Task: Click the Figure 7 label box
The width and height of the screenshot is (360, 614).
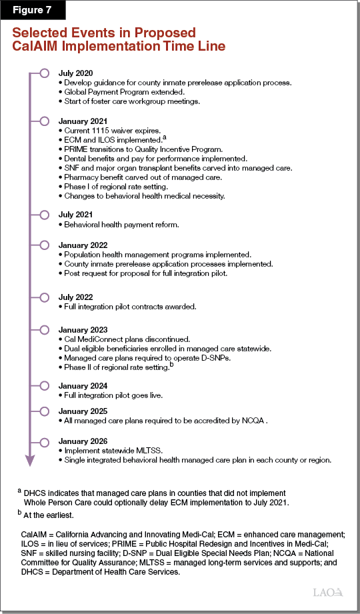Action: tap(33, 11)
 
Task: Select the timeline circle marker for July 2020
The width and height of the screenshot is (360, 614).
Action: tap(44, 73)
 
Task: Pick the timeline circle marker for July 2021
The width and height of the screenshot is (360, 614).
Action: tap(44, 215)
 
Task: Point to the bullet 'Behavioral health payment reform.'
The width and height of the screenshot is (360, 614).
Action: tap(119, 225)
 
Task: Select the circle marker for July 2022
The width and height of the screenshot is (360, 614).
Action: tap(44, 297)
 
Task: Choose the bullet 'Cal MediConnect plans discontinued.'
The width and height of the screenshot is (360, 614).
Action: tap(123, 339)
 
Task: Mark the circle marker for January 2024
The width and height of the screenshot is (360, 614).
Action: tap(44, 385)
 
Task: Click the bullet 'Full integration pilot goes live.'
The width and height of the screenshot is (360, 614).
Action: tap(113, 395)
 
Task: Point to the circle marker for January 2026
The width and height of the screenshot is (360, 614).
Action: tap(44, 441)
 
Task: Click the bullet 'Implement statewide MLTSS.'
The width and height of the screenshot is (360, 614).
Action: tap(111, 451)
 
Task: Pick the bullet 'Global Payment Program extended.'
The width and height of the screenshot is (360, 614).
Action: tap(119, 92)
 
